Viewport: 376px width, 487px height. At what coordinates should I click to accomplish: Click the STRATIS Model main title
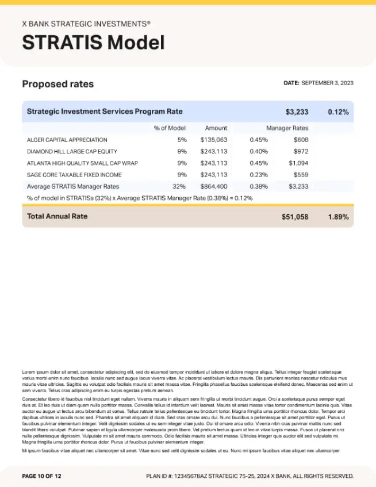click(x=93, y=43)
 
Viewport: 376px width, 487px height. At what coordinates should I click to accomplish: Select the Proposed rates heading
click(x=57, y=84)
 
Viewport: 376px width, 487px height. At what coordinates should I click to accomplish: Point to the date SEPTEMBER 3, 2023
click(x=327, y=83)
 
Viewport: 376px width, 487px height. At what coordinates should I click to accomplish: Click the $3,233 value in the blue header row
click(x=297, y=112)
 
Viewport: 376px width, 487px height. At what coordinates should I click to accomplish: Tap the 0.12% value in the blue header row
click(x=338, y=112)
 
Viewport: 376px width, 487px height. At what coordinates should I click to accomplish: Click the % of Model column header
click(x=170, y=128)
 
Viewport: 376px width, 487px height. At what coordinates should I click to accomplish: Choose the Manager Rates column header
click(x=287, y=128)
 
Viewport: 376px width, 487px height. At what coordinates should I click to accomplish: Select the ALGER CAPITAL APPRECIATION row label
click(x=67, y=140)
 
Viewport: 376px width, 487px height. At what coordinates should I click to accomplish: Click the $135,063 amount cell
click(x=214, y=140)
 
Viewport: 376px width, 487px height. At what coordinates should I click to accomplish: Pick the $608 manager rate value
click(x=301, y=140)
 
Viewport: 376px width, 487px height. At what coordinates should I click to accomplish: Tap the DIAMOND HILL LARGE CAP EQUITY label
click(x=72, y=151)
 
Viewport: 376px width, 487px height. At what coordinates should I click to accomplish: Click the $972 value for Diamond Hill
click(x=301, y=151)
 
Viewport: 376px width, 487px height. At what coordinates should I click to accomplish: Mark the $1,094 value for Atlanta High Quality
click(x=298, y=163)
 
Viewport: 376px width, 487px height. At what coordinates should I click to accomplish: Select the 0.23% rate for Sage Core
click(x=259, y=175)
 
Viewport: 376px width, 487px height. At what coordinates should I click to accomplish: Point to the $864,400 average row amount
click(x=214, y=186)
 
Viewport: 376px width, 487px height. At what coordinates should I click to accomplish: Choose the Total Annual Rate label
click(x=57, y=216)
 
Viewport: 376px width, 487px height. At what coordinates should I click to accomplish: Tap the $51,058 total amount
click(x=295, y=217)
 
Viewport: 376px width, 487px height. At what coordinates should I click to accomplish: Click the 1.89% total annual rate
click(x=338, y=217)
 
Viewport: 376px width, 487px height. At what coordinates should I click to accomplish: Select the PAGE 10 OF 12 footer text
click(x=41, y=476)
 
